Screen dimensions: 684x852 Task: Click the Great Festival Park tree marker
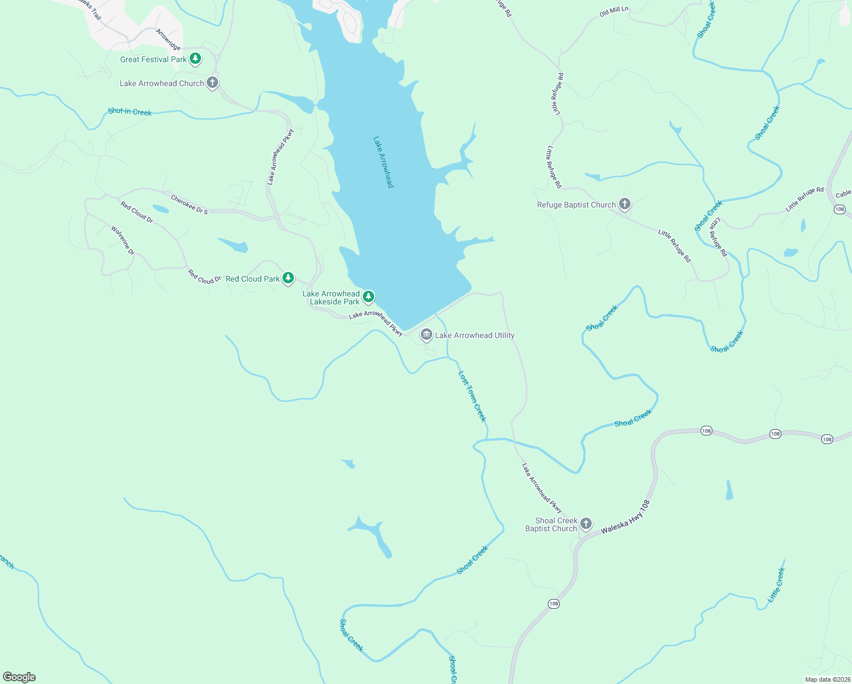point(195,59)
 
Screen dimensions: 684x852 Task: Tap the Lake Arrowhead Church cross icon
point(212,83)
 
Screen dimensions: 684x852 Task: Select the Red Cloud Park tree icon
point(288,278)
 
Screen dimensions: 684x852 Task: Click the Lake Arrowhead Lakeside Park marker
point(368,296)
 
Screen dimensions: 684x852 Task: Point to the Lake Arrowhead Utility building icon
point(426,335)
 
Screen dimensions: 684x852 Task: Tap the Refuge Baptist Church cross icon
point(625,204)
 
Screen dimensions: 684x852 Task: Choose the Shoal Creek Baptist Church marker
point(585,524)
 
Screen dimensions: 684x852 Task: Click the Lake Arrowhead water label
point(383,162)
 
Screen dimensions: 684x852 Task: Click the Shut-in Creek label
point(130,112)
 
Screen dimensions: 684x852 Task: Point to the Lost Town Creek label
point(473,397)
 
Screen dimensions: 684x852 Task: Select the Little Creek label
point(776,585)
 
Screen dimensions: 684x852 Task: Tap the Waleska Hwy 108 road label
point(625,518)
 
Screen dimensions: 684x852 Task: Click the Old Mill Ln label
point(614,11)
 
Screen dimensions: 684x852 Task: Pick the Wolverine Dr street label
point(122,241)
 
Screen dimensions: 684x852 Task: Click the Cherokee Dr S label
point(189,205)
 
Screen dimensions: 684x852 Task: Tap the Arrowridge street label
point(168,39)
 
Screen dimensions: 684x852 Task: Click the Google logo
point(19,677)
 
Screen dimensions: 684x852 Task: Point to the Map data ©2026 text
point(827,679)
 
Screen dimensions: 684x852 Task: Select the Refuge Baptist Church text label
point(576,205)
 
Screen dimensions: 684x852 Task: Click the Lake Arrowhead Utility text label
point(474,335)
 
